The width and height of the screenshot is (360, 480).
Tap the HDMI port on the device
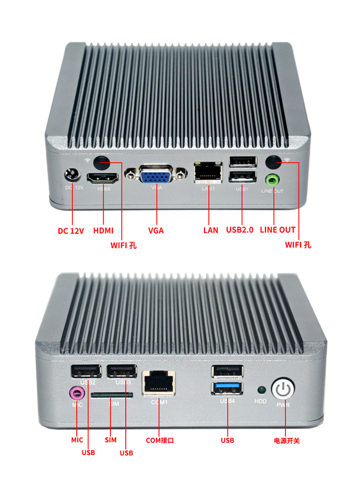(103, 178)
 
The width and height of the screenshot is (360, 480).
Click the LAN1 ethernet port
(208, 172)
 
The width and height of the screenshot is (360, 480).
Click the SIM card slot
(112, 395)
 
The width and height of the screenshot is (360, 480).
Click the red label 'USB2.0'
(239, 230)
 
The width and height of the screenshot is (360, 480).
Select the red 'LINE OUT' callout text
(277, 230)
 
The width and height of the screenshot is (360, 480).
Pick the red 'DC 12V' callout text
(71, 231)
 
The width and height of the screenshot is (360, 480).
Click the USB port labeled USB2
(86, 372)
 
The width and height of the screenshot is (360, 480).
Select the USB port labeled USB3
(121, 372)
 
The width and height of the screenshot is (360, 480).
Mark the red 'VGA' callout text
(156, 230)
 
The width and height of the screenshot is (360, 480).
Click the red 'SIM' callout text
(110, 440)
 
